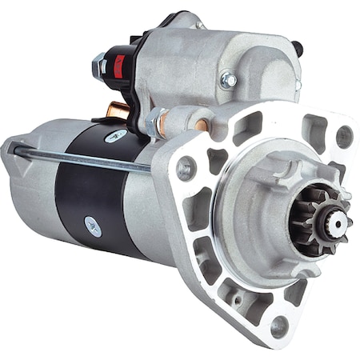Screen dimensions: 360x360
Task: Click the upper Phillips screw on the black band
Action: click(116, 138)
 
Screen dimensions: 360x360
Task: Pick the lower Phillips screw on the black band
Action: click(93, 226)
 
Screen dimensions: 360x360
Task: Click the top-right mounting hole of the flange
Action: click(344, 136)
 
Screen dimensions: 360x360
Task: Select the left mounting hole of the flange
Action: click(186, 168)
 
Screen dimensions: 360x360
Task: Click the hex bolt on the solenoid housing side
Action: click(228, 80)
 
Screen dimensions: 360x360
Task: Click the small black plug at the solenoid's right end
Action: click(298, 48)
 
